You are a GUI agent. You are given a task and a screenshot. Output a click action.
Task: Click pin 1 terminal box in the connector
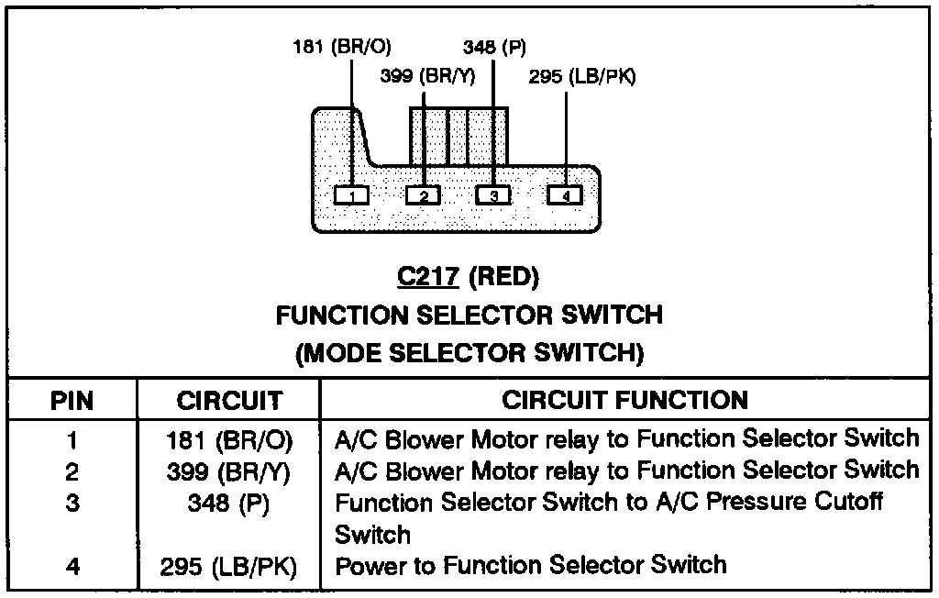tap(351, 194)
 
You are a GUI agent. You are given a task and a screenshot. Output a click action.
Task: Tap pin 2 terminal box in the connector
tap(423, 194)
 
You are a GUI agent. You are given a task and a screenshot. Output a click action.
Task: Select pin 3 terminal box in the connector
tap(493, 194)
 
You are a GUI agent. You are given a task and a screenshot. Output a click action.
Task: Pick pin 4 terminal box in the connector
tap(565, 194)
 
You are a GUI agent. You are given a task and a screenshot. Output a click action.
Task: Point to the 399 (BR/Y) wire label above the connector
tap(427, 77)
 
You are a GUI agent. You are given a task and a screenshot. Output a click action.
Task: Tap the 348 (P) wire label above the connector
tap(494, 48)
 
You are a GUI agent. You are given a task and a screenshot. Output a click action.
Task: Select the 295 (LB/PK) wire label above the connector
tap(582, 77)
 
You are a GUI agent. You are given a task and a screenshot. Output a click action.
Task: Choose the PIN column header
tap(72, 401)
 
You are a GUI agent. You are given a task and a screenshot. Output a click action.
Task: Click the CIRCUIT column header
tap(229, 401)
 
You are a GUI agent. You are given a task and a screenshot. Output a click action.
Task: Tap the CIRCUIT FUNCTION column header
tap(625, 400)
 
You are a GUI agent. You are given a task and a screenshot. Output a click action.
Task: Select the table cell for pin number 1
tap(72, 440)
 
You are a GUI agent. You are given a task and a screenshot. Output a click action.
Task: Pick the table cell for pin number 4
tap(72, 567)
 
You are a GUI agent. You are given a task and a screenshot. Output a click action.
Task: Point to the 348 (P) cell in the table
tap(229, 504)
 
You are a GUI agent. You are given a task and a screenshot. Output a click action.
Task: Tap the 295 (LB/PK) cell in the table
tap(229, 567)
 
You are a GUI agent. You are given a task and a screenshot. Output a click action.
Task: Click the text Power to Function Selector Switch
tap(531, 565)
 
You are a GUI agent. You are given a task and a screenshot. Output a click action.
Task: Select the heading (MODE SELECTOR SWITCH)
tap(469, 353)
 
